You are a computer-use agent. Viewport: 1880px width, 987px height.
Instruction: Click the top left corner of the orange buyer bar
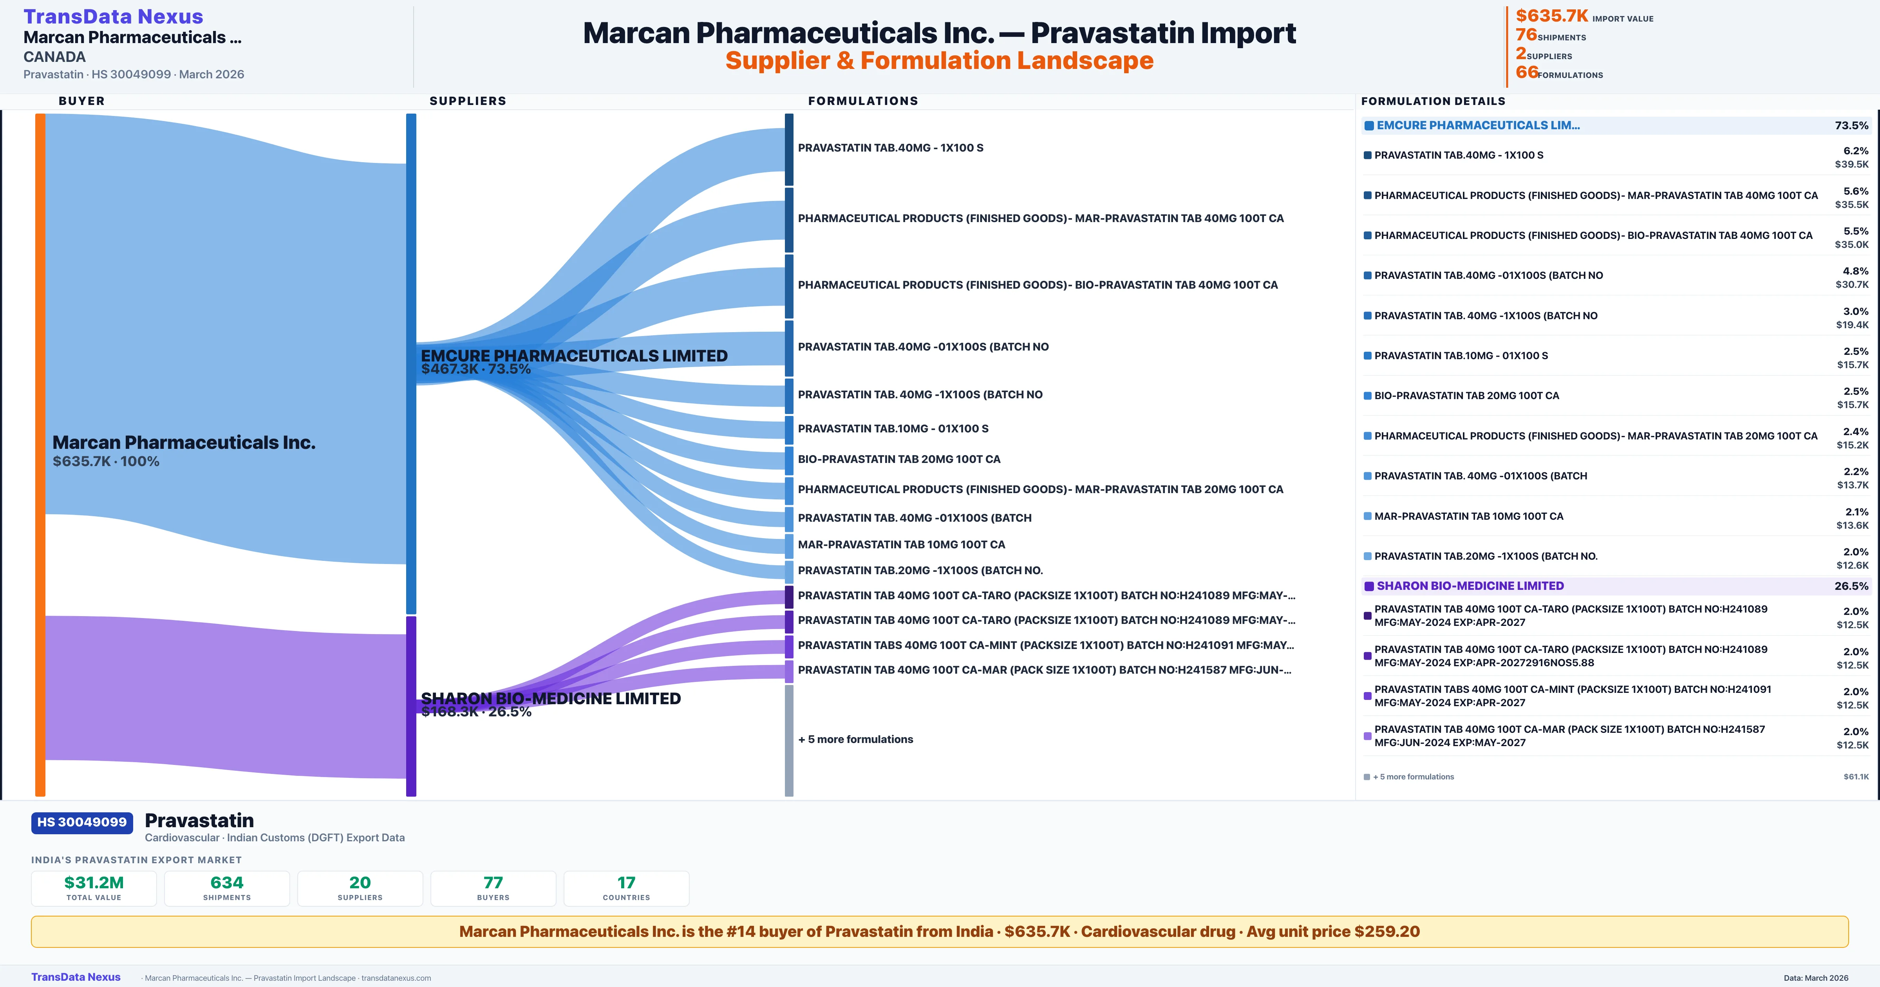coord(36,114)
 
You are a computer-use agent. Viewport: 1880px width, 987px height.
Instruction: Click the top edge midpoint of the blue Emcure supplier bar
coord(411,114)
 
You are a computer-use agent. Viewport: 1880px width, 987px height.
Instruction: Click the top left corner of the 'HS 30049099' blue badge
coord(31,813)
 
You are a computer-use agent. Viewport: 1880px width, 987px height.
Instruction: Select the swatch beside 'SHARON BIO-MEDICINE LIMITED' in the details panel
coord(1369,586)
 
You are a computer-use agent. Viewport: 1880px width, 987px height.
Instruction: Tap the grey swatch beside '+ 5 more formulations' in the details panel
coord(1367,777)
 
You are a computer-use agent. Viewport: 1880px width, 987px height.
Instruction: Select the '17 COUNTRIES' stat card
coord(626,888)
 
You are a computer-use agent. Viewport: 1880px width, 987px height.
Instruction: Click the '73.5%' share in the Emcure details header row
coord(1851,126)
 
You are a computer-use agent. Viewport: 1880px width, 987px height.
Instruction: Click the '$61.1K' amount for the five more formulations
coord(1856,777)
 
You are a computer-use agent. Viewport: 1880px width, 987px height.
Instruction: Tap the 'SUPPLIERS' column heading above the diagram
coord(468,101)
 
